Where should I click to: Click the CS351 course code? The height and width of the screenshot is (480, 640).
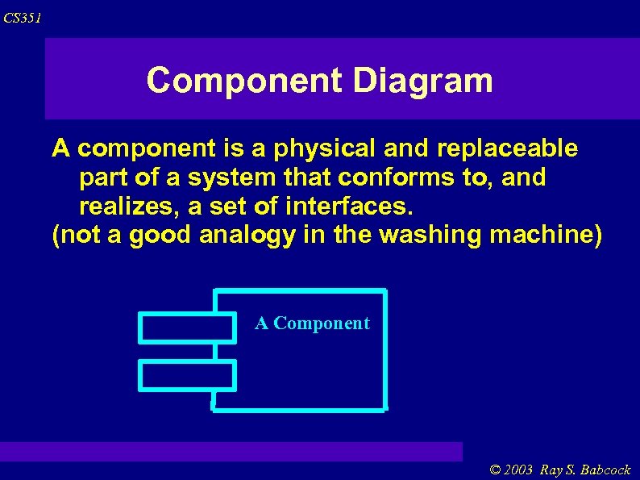click(23, 18)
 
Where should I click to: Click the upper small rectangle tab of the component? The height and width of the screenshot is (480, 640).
click(187, 328)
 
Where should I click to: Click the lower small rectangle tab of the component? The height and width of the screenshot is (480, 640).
click(187, 375)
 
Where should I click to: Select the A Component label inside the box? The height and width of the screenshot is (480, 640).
click(312, 323)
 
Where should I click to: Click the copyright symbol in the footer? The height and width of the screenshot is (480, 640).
click(496, 470)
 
